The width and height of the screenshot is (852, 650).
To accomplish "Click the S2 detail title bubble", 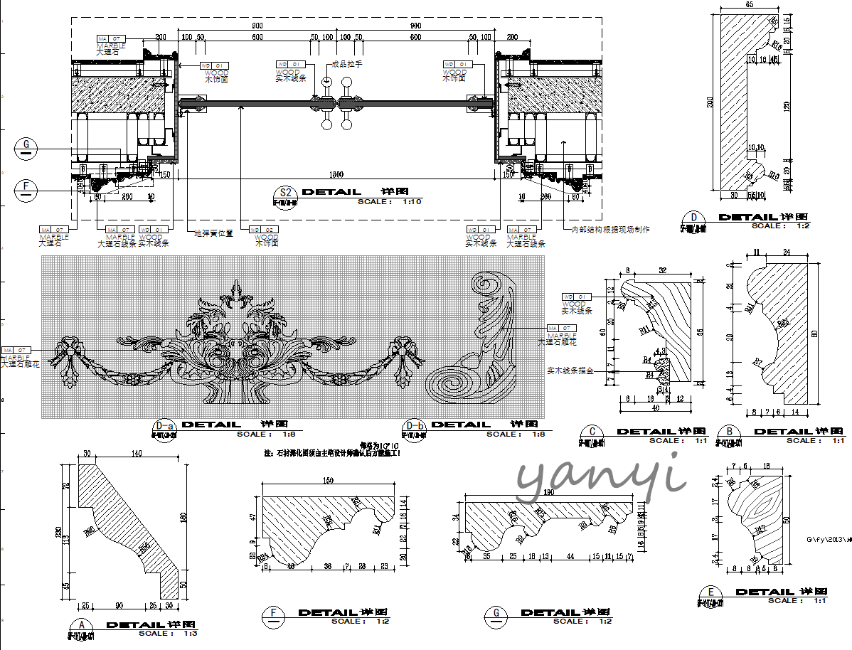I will pos(286,193).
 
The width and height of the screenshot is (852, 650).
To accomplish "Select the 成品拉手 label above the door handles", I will pos(348,64).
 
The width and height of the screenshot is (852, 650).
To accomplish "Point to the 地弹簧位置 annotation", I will pos(213,233).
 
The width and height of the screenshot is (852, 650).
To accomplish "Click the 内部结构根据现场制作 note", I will pos(610,230).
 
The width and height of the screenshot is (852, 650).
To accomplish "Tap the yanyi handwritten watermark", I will pos(601,479).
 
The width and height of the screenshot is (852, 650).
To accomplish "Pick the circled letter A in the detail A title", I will pos(83,626).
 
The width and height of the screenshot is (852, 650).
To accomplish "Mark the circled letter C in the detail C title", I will pos(592,432).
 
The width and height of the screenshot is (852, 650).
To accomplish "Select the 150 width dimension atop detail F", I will pos(328,481).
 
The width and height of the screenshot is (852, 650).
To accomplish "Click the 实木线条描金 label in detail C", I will pos(570,371).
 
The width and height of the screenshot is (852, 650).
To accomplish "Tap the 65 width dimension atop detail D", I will pos(750,4).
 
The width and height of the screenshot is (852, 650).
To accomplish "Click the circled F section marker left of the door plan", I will pos(26,188).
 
